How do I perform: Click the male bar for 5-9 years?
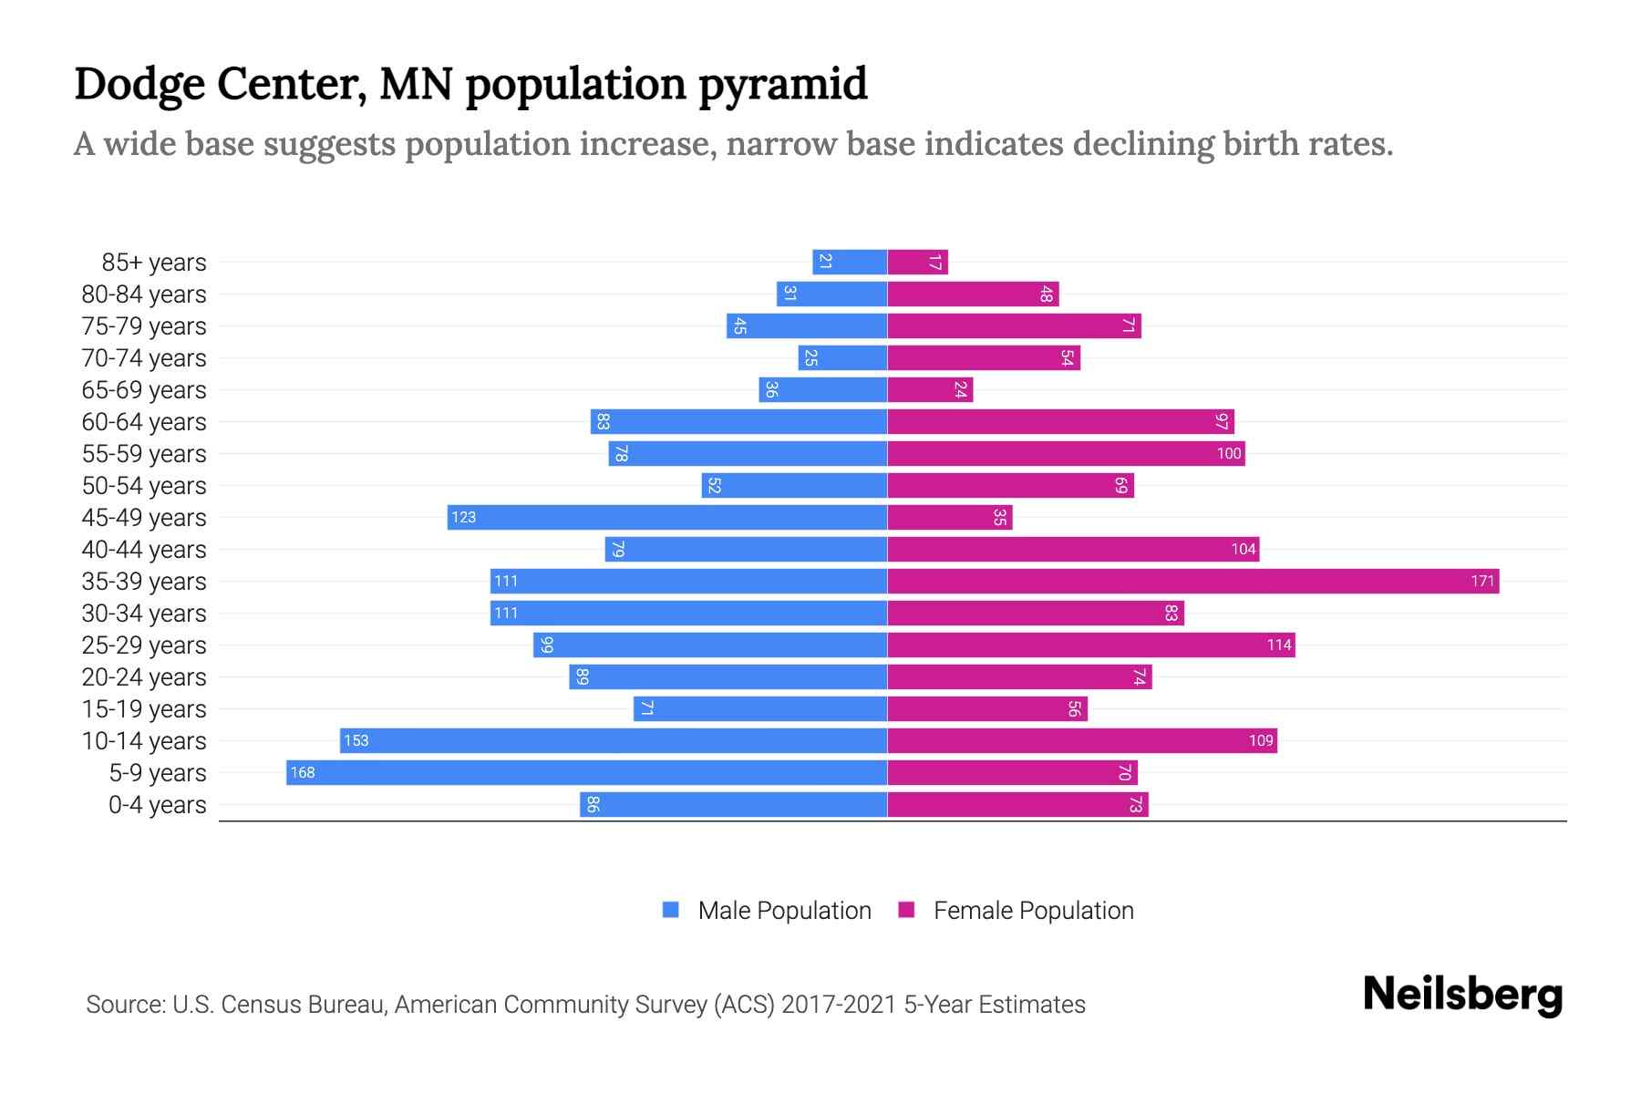coord(586,772)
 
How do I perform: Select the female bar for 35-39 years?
coord(1192,581)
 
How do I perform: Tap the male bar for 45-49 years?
coord(667,517)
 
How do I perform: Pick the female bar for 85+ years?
coord(917,262)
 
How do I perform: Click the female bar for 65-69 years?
coord(930,389)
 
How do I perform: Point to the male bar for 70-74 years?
coord(842,357)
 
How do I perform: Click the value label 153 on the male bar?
coord(356,740)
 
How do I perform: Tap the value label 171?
coord(1482,581)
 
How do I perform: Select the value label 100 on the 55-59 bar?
coord(1229,453)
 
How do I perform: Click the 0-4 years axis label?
coord(157,805)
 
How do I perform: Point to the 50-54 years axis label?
coord(144,486)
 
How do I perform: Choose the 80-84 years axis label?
coord(144,294)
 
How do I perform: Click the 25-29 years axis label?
coord(144,645)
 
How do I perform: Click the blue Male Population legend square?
coord(671,910)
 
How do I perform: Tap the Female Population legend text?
coord(1033,910)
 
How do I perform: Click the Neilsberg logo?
coord(1462,995)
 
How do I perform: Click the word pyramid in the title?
coord(783,84)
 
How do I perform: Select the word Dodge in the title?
coord(139,84)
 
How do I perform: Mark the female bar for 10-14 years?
coord(1082,740)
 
